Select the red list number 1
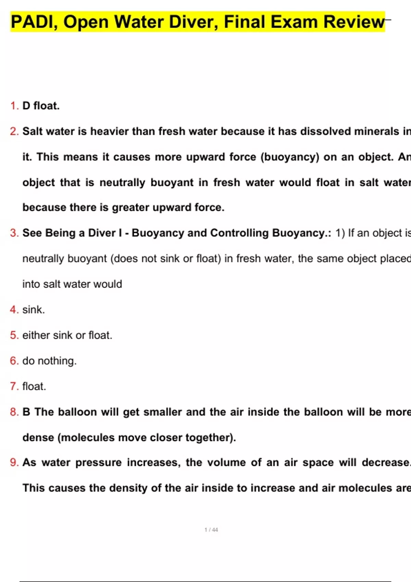[14, 106]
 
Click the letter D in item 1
[26, 106]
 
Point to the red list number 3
[14, 233]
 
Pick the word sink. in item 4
[34, 310]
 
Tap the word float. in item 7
[34, 387]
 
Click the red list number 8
[14, 412]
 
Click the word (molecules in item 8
[86, 438]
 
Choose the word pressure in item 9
[98, 463]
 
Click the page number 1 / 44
[211, 530]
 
